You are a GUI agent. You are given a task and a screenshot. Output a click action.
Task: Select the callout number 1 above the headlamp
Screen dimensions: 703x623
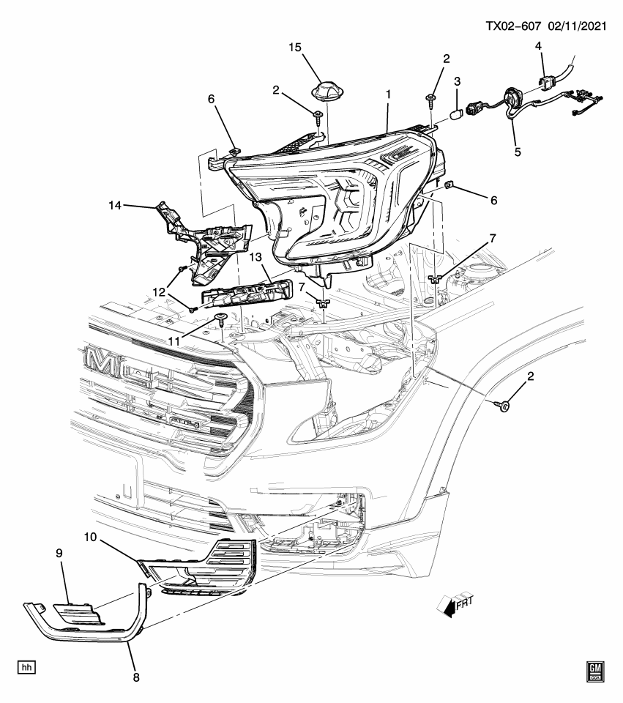[x=389, y=94]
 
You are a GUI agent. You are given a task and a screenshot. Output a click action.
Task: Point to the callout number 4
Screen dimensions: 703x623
[x=539, y=46]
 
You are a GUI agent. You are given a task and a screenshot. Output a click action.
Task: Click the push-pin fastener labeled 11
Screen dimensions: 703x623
[x=220, y=318]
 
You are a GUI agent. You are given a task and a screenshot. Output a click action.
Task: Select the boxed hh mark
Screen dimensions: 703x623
[x=27, y=668]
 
